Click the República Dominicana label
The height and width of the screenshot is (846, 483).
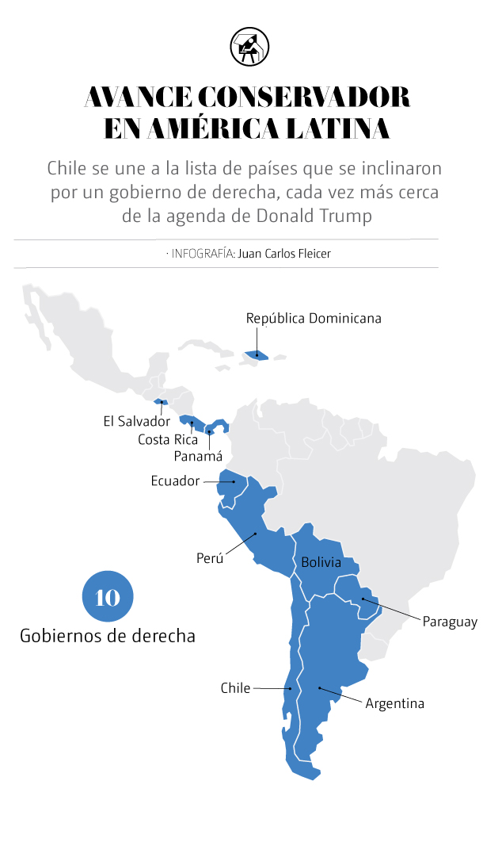[314, 318]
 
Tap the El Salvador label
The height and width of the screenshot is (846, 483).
[136, 421]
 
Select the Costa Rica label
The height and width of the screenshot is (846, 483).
[167, 438]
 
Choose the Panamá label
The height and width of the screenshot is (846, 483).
[198, 456]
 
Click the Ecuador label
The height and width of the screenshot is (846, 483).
[176, 480]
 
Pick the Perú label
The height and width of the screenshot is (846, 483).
[210, 558]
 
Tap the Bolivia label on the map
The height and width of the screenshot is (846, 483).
[321, 563]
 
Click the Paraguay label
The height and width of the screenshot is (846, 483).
[450, 622]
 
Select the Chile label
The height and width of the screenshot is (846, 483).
[235, 688]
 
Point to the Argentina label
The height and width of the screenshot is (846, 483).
[394, 703]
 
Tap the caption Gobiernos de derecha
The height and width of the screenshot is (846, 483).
[108, 636]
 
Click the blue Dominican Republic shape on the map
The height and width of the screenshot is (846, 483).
[257, 355]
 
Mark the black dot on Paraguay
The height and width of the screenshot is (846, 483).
[363, 599]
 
